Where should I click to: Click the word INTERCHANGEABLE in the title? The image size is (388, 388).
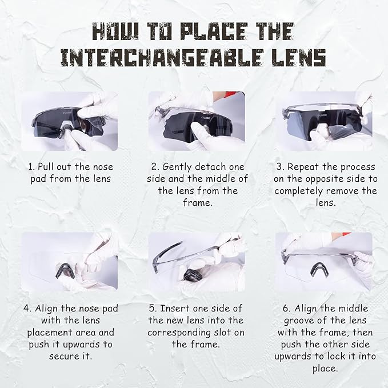click(162, 58)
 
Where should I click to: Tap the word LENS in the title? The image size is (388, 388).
click(299, 58)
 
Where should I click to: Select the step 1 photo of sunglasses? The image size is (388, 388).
click(70, 121)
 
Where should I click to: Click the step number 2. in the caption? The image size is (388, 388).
click(155, 167)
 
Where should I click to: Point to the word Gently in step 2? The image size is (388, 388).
click(177, 167)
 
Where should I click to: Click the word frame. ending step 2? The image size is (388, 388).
click(198, 203)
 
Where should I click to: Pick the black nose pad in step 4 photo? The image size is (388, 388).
click(66, 271)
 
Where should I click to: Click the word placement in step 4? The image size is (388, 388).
click(50, 333)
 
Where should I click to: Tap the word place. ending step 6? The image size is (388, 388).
click(325, 369)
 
